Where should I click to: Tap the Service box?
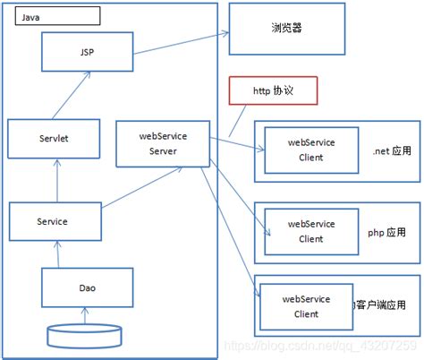pos(53,220)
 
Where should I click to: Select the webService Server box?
pos(163,143)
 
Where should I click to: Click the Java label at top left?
pos(55,15)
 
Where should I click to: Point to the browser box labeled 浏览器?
pos(286,29)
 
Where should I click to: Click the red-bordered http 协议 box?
pos(273,90)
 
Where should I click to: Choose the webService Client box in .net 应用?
pos(310,150)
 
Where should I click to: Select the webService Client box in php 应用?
pos(310,231)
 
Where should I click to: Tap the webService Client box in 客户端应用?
pos(306,305)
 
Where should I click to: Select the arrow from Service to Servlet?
pos(56,178)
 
